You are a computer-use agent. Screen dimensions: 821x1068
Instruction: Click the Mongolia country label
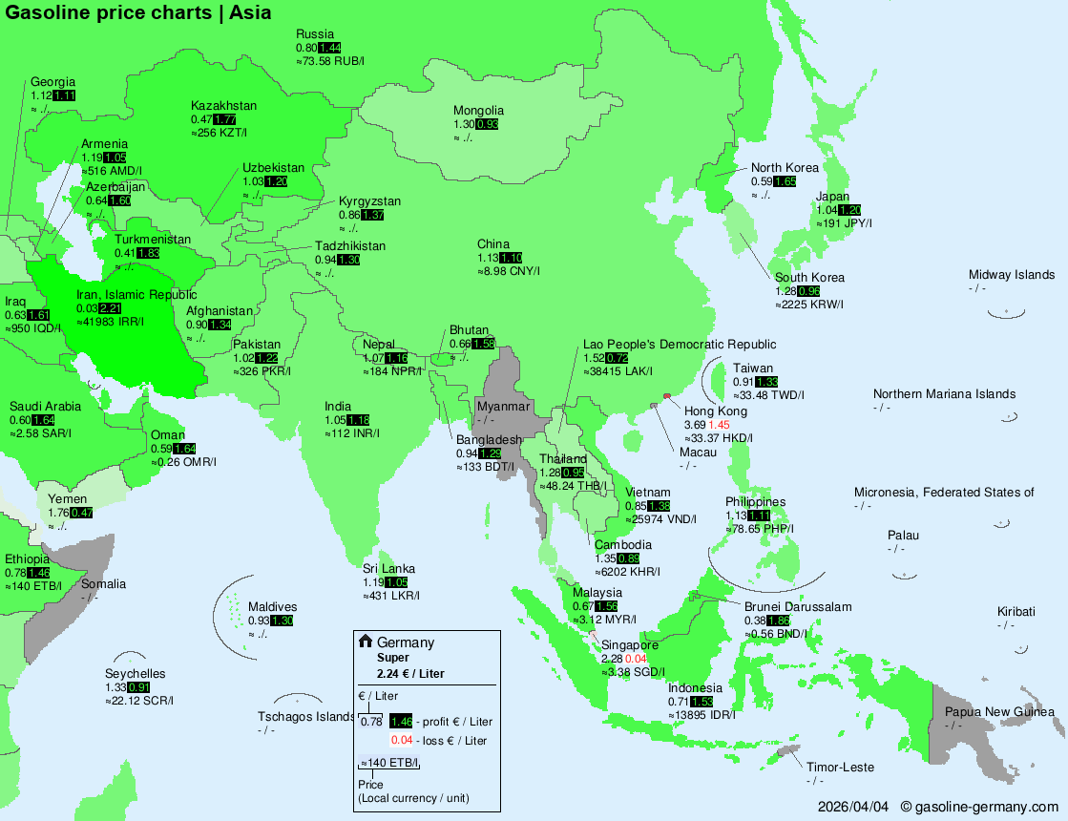click(478, 111)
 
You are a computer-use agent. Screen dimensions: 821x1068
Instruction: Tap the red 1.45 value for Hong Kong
click(719, 424)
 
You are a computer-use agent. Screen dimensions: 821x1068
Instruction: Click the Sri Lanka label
click(388, 569)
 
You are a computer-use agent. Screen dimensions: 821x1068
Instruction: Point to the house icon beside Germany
click(365, 642)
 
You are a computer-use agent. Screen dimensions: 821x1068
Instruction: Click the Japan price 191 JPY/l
click(845, 223)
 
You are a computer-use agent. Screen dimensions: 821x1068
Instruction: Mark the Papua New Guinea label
click(999, 712)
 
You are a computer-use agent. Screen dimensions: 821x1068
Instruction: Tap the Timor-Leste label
click(840, 768)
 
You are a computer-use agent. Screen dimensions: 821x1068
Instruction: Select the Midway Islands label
click(1012, 275)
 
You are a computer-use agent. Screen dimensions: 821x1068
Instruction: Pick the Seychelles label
click(135, 674)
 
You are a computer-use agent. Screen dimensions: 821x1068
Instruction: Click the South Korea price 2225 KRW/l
click(809, 305)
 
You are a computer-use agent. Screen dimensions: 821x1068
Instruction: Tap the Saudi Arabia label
click(45, 407)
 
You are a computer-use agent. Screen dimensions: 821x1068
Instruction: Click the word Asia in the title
click(250, 12)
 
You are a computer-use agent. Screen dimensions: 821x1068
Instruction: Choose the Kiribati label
click(1016, 612)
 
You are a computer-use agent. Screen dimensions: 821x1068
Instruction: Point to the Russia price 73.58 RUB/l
click(330, 61)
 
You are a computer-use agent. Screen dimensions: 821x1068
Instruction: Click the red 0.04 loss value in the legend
click(400, 740)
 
